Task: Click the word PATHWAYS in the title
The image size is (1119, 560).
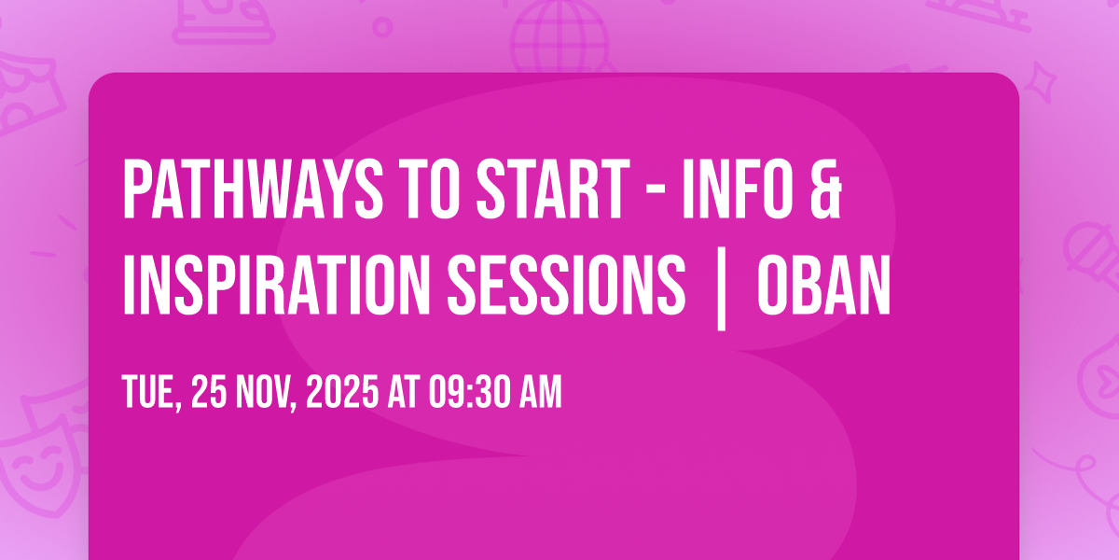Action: coord(253,189)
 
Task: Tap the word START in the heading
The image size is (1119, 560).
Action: coord(553,189)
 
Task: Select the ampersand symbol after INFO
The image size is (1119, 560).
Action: coord(826,189)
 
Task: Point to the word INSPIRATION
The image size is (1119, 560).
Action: coord(276,285)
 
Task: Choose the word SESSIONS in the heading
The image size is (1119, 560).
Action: coord(566,285)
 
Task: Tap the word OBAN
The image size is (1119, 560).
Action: coord(823,285)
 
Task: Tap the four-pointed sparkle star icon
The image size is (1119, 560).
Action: coord(1041,83)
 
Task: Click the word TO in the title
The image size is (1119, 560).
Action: coord(433,189)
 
